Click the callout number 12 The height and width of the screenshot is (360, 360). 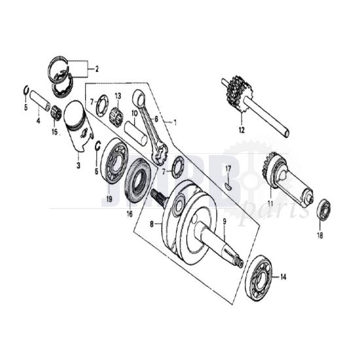(x=241, y=130)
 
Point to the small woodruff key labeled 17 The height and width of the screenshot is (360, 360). (x=227, y=185)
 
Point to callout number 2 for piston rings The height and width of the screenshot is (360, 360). (x=96, y=68)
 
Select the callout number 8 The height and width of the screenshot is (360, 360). (x=153, y=223)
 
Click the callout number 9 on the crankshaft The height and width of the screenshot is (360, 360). (x=224, y=221)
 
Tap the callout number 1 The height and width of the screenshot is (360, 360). (x=174, y=122)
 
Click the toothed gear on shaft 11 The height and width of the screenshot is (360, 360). (x=270, y=166)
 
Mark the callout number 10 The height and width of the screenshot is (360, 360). (x=134, y=113)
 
